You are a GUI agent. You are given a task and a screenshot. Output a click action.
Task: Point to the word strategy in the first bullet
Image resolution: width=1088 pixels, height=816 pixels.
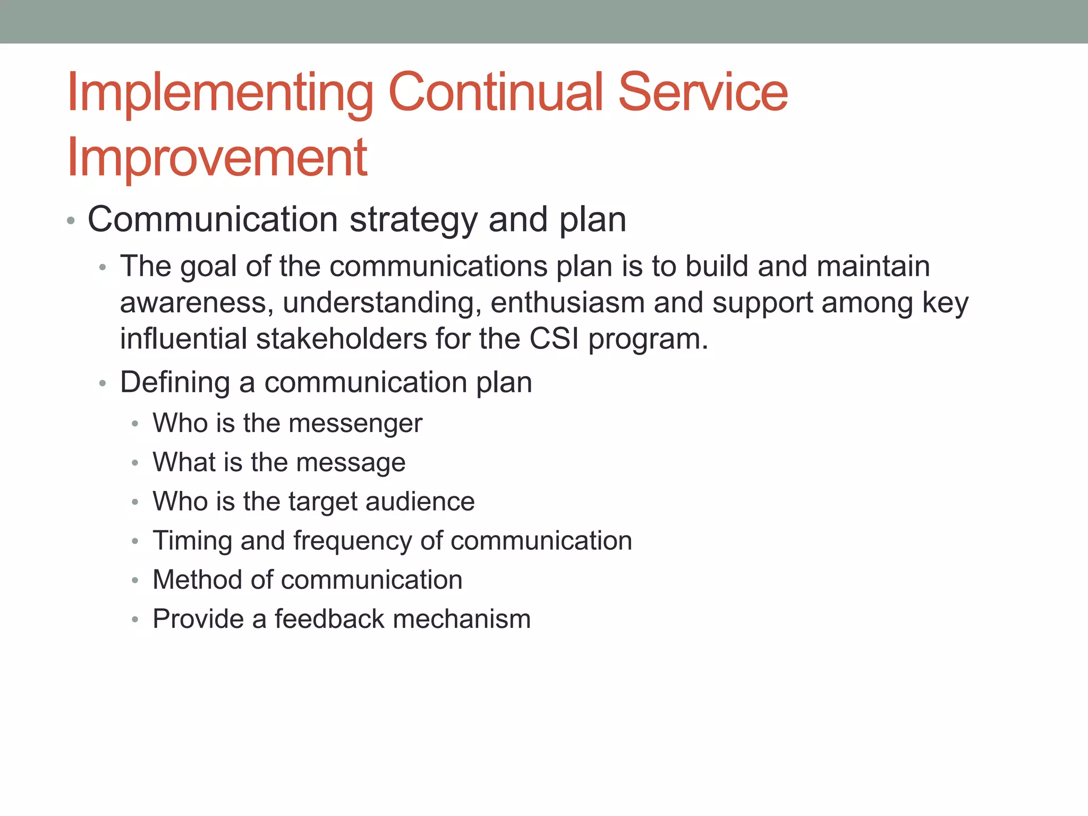413,220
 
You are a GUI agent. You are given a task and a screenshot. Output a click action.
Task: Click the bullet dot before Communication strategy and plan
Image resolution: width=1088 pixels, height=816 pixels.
71,220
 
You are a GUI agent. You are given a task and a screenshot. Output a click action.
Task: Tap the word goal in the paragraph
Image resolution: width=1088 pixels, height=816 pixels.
208,267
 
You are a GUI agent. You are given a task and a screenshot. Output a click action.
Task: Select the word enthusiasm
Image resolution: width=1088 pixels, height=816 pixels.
567,303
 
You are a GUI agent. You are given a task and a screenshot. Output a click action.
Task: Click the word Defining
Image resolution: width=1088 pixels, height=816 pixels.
175,382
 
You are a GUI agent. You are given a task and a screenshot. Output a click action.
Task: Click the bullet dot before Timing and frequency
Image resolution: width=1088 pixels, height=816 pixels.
135,541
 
